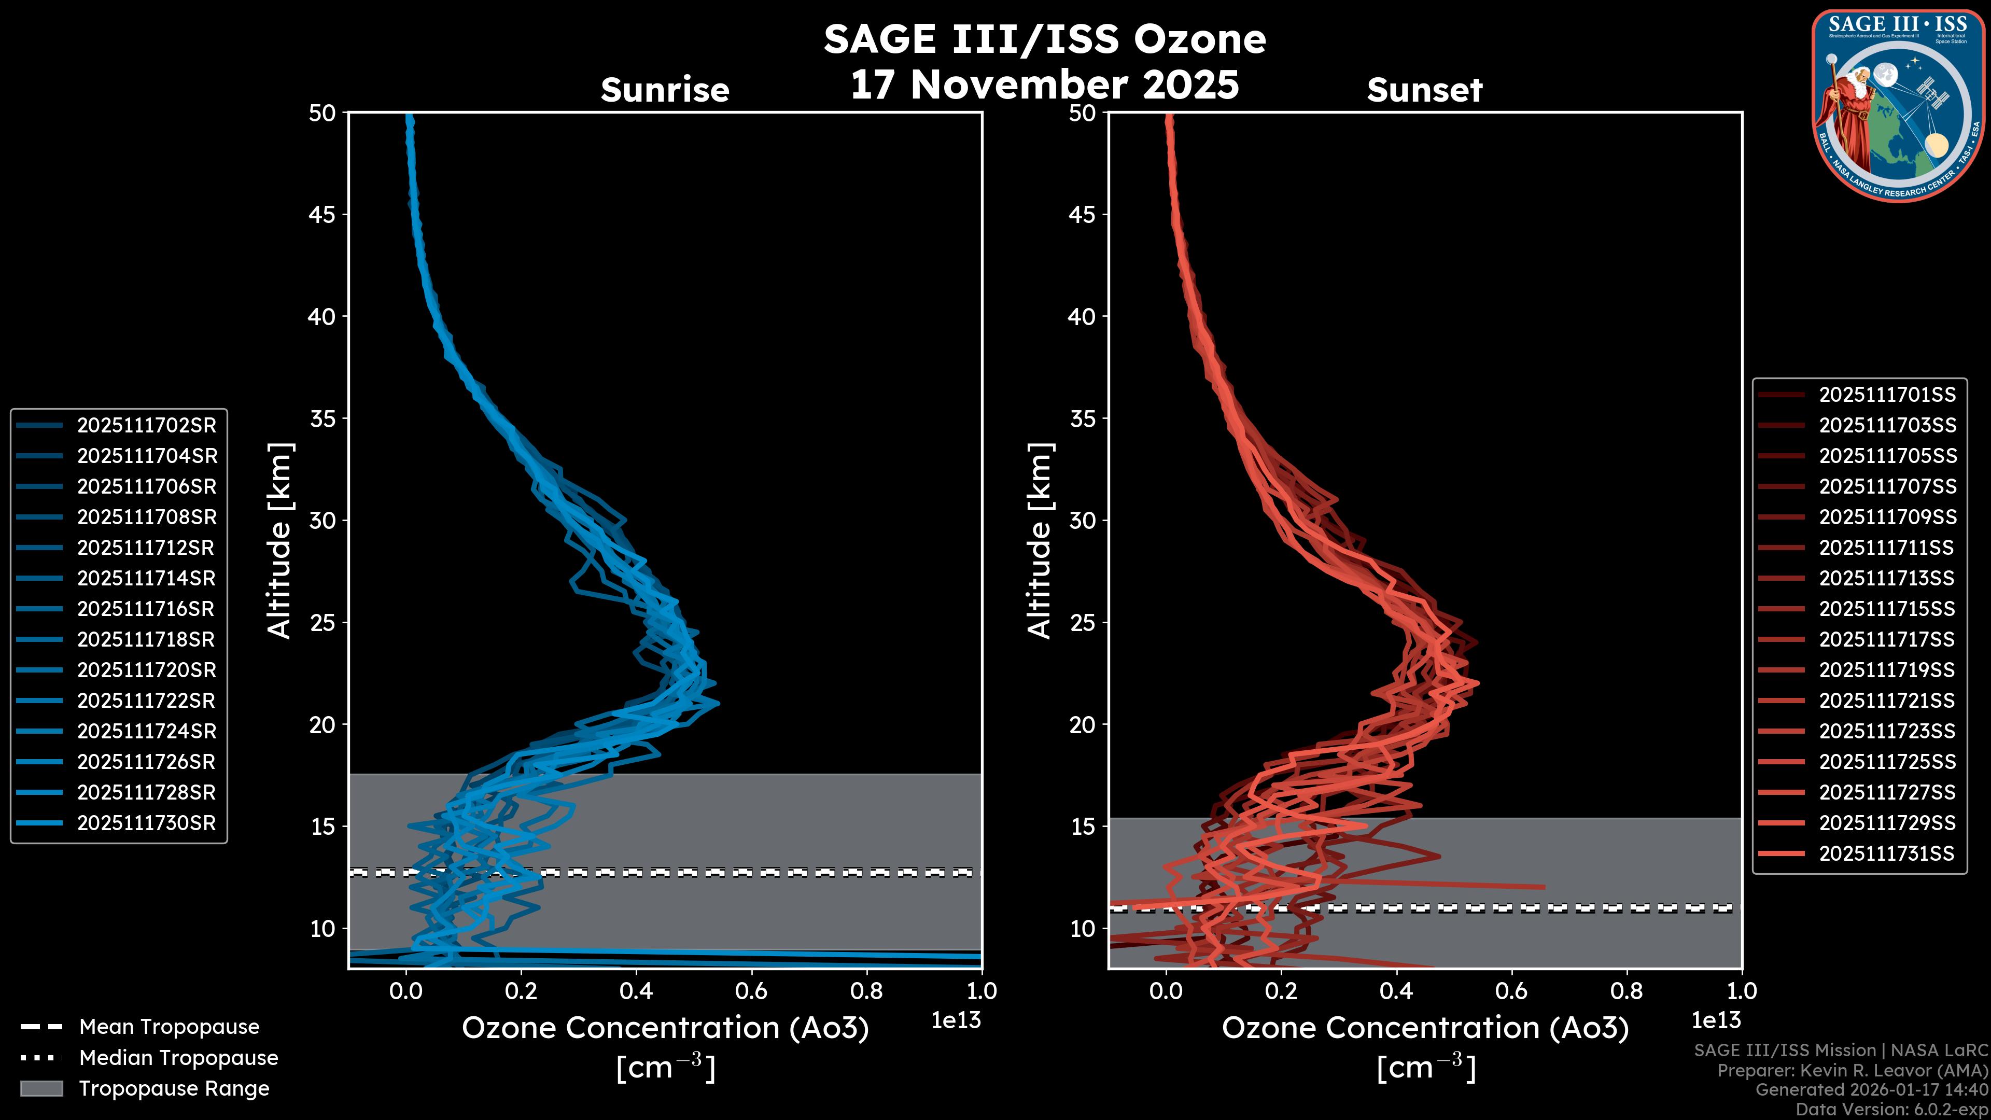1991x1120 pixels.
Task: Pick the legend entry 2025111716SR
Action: point(145,609)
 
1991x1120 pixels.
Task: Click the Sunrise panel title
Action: point(665,90)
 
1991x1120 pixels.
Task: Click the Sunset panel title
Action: point(1424,90)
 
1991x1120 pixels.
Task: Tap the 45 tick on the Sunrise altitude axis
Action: point(323,215)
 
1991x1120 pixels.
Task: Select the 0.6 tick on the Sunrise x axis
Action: point(751,991)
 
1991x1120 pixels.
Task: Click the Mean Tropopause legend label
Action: point(169,1027)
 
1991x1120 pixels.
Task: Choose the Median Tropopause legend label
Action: point(178,1058)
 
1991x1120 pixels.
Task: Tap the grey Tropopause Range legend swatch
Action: point(41,1088)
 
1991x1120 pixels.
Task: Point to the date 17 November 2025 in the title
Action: point(1044,85)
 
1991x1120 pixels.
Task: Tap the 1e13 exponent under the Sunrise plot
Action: point(956,1020)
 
